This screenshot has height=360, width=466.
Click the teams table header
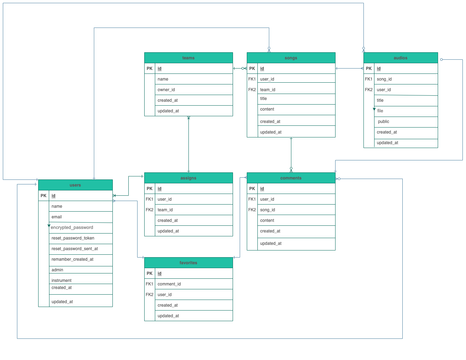pyautogui.click(x=188, y=58)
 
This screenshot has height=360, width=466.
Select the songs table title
pyautogui.click(x=291, y=58)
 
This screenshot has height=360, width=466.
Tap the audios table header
pyautogui.click(x=400, y=58)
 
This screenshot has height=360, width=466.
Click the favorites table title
pyautogui.click(x=188, y=263)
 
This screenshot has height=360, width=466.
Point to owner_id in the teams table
pyautogui.click(x=166, y=90)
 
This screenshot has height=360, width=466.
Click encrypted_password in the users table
pyautogui.click(x=72, y=228)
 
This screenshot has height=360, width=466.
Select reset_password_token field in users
pyautogui.click(x=73, y=238)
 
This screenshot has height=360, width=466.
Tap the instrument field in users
pyautogui.click(x=62, y=281)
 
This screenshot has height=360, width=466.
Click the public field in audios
pyautogui.click(x=383, y=122)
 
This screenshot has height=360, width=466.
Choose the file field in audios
pyautogui.click(x=380, y=111)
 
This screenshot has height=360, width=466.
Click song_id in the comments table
pyautogui.click(x=268, y=210)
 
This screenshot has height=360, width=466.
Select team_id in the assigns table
pyautogui.click(x=165, y=210)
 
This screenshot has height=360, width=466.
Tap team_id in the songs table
pyautogui.click(x=268, y=90)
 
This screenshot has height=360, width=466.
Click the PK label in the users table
pyautogui.click(x=43, y=196)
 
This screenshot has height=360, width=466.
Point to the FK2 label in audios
pyautogui.click(x=369, y=90)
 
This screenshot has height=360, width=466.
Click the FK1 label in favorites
pyautogui.click(x=150, y=284)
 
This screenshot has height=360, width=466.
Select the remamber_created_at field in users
pyautogui.click(x=72, y=259)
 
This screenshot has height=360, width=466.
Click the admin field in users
pyautogui.click(x=57, y=270)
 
